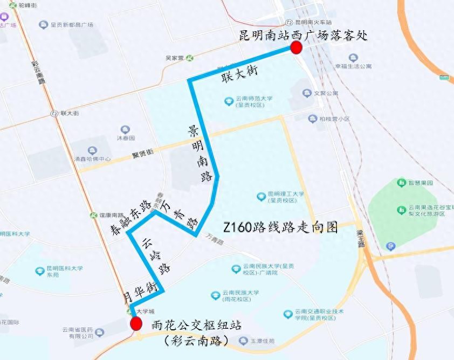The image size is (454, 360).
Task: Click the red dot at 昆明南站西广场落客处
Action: pos(295,49)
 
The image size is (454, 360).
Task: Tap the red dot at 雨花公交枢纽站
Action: pos(136,324)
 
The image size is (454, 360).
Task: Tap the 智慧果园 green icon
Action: pos(401,183)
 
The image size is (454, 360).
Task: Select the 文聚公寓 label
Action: pos(326,93)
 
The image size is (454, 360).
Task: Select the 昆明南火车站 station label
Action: pos(313,23)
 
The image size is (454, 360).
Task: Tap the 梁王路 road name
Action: pos(361,238)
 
